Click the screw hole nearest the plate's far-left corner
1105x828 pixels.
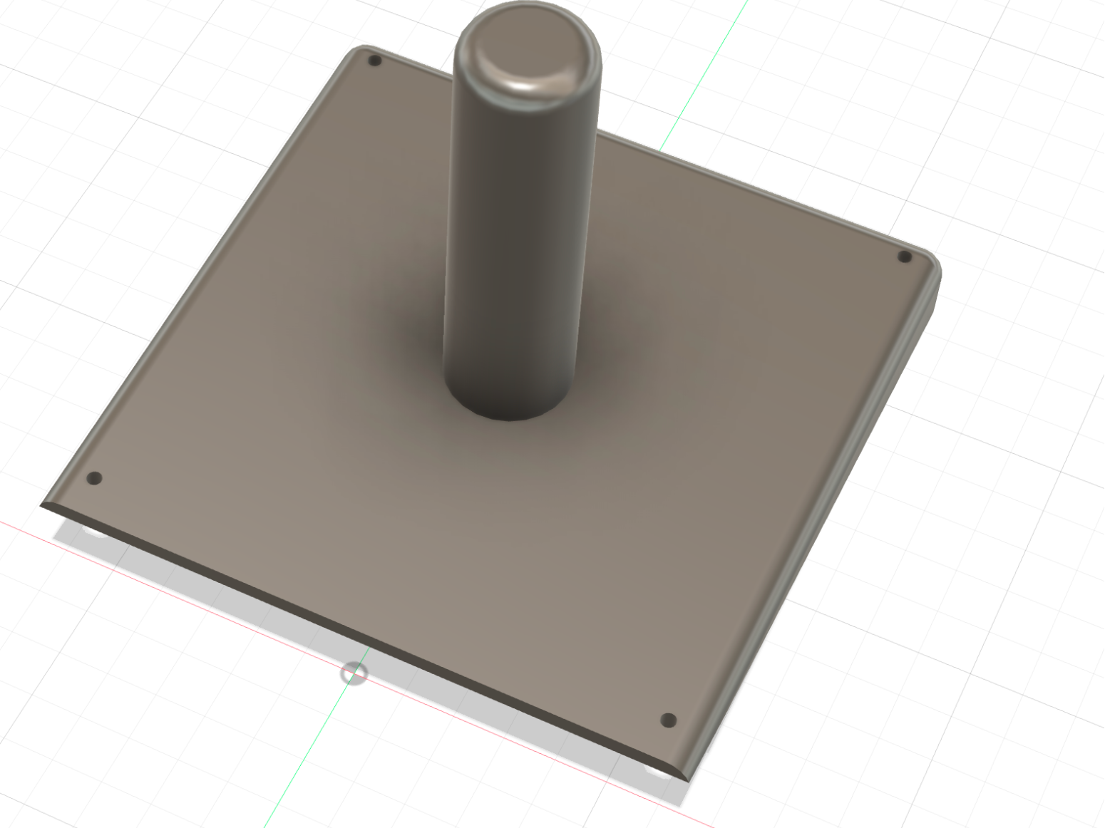(375, 61)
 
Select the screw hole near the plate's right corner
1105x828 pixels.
(904, 257)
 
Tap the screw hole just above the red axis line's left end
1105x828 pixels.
(94, 478)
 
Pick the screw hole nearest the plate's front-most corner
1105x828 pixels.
(668, 720)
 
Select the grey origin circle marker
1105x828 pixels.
(354, 673)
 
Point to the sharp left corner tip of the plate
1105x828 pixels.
(41, 505)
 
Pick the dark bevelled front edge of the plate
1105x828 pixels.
(356, 641)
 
